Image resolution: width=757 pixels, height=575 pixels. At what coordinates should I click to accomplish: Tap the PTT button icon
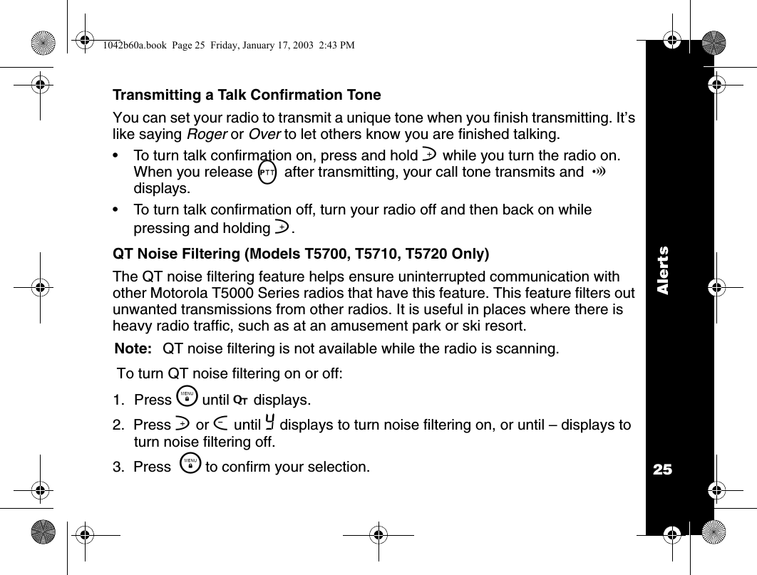coord(267,173)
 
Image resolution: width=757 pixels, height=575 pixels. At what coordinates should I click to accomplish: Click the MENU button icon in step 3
coord(190,466)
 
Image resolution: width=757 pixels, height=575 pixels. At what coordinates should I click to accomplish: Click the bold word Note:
coord(134,348)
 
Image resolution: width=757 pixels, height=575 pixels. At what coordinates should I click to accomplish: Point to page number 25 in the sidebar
coord(663,470)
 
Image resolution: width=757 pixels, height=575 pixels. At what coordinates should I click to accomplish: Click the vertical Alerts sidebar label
coord(664,270)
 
